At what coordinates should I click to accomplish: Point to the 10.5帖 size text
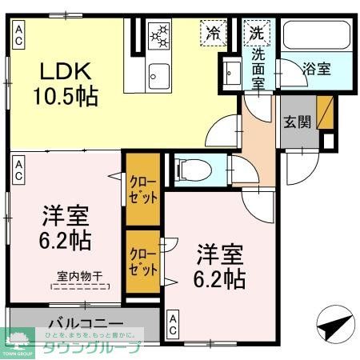point(66,97)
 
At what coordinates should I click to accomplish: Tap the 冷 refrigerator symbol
point(214,34)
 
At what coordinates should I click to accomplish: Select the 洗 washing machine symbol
point(256,34)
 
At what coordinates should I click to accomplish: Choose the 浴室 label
point(316,70)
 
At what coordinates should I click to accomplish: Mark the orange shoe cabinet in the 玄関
point(325,113)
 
